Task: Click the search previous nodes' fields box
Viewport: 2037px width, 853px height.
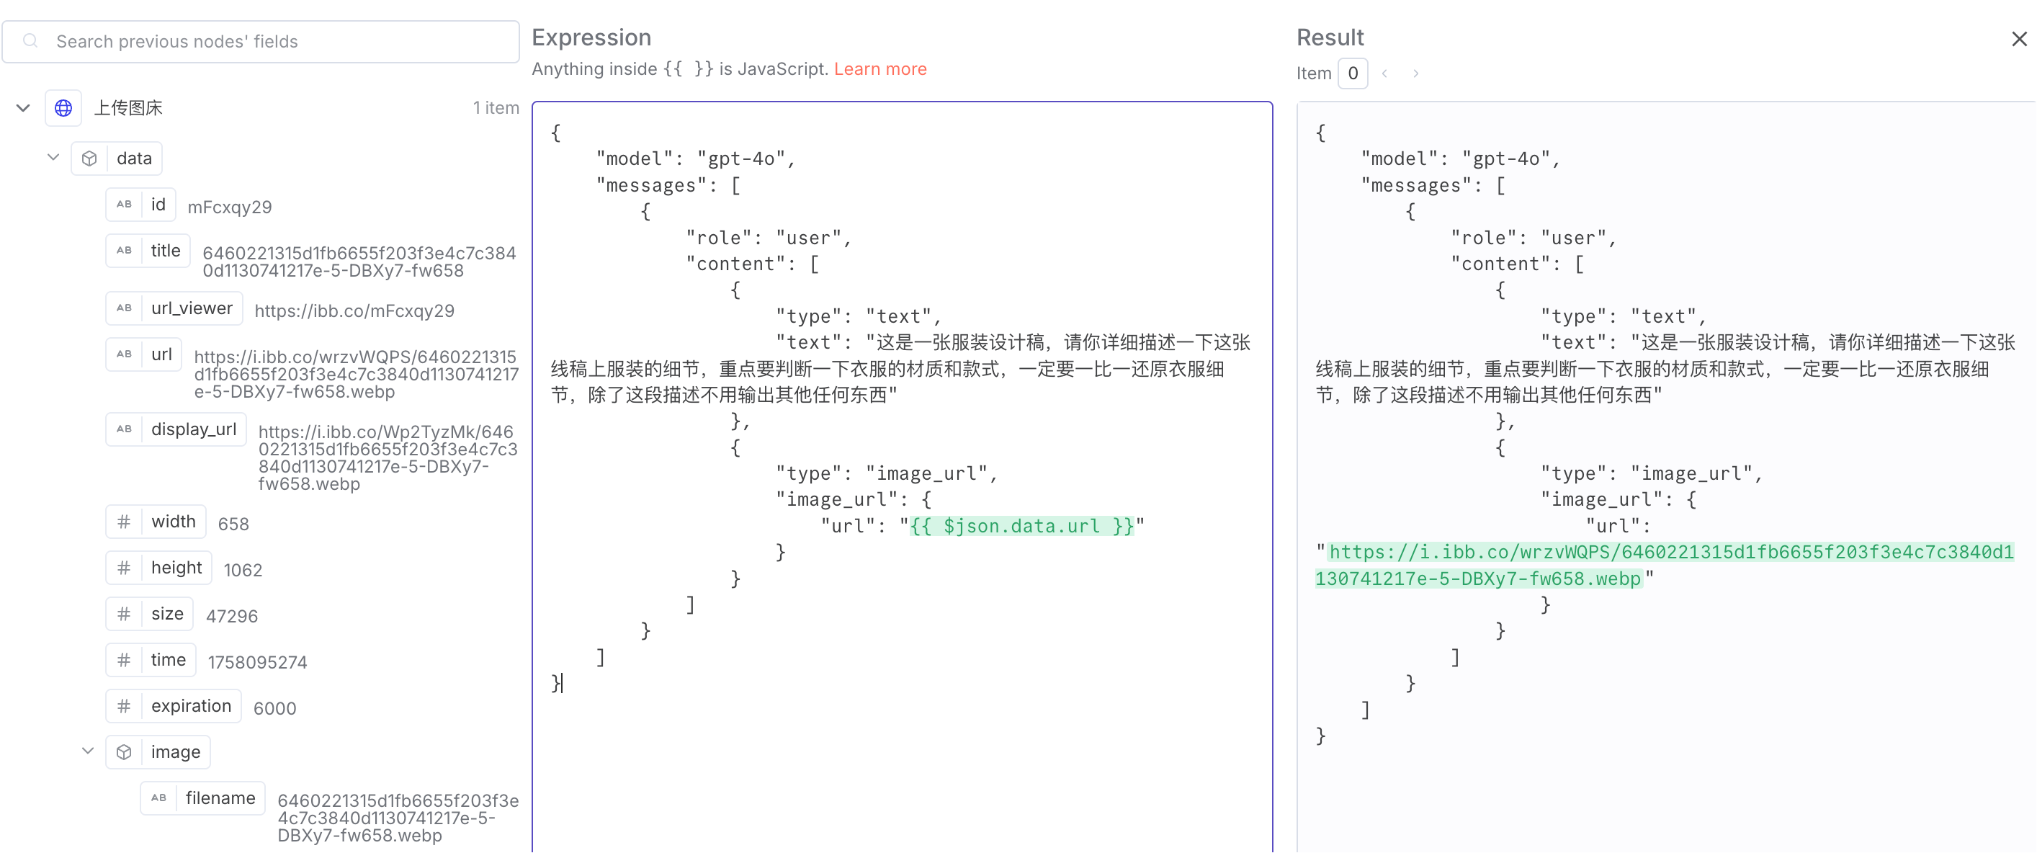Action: click(x=260, y=41)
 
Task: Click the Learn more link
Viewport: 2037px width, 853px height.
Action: click(x=880, y=69)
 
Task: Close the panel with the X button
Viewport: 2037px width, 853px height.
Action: click(x=2019, y=39)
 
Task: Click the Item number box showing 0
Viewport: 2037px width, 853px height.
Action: click(x=1352, y=73)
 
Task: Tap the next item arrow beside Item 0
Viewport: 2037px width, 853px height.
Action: click(x=1415, y=73)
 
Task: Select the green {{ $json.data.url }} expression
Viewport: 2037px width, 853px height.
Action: click(x=1021, y=526)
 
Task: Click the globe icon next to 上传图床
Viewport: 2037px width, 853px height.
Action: click(x=63, y=107)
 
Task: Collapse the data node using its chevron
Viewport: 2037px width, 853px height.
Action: click(x=53, y=158)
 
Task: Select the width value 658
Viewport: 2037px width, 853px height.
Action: click(x=233, y=524)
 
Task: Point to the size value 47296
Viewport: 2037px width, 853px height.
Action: click(x=232, y=616)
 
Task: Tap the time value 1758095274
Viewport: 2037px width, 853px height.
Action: click(x=257, y=662)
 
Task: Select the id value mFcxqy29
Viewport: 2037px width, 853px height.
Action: click(x=229, y=207)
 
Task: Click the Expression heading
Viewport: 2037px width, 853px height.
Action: click(x=591, y=37)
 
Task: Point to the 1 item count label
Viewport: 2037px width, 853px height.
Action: click(x=496, y=107)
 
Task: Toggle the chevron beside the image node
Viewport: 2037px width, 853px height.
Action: click(x=88, y=751)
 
